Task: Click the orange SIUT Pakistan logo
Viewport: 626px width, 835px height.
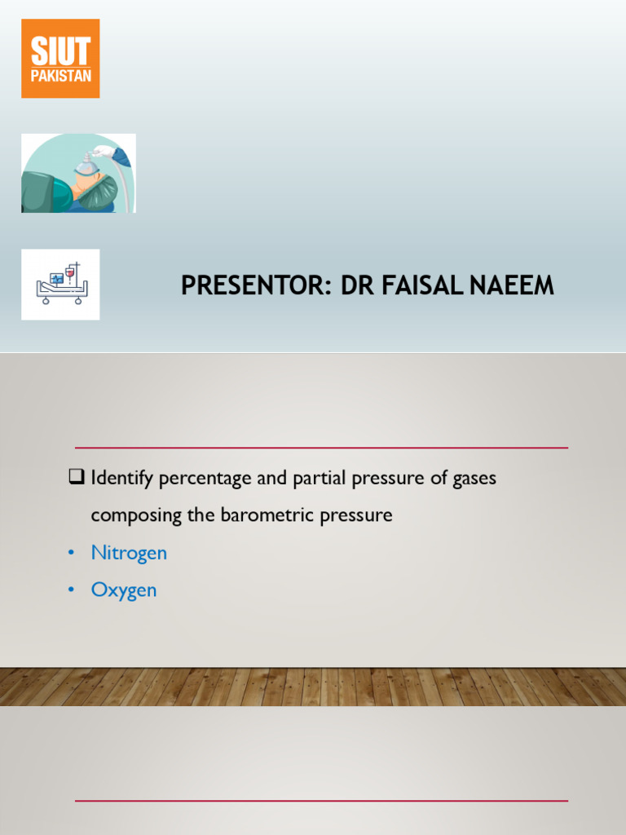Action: click(60, 59)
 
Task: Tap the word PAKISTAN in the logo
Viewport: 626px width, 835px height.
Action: click(60, 76)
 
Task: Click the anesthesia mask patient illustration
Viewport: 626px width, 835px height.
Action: click(78, 173)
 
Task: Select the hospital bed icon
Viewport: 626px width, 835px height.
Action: click(60, 284)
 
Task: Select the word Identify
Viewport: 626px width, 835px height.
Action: click(121, 479)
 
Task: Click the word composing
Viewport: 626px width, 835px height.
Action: click(130, 516)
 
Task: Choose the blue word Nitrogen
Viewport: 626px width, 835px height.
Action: click(129, 553)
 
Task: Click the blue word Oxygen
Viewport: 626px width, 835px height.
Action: click(124, 590)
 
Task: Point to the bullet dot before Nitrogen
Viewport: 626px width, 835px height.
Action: click(72, 554)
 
